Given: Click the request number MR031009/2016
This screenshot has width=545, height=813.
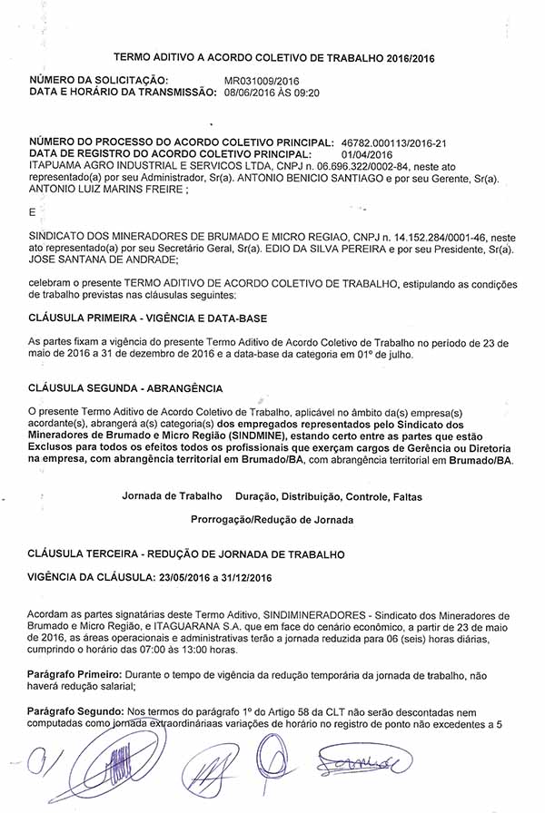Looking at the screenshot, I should point(262,81).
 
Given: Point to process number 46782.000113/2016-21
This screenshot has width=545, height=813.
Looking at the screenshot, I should point(394,143).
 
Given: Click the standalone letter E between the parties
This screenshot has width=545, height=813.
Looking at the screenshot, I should point(33,212).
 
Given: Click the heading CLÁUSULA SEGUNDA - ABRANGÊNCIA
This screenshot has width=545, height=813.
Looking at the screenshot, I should point(125,387).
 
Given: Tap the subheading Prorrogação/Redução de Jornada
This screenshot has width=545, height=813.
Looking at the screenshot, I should point(272,520).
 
